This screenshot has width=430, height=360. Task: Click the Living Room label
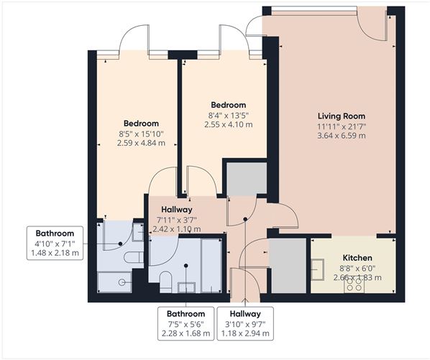pos(342,116)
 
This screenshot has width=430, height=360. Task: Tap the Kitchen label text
pos(356,257)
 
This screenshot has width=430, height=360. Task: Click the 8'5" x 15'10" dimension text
pos(141,133)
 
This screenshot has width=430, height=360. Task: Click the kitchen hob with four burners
pos(354,285)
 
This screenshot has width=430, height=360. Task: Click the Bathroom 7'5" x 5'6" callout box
pos(186,323)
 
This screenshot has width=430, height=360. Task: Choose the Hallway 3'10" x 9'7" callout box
pos(245,323)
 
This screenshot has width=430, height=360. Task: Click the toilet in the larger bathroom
pos(165,281)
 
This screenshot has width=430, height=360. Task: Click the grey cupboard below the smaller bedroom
pos(245,180)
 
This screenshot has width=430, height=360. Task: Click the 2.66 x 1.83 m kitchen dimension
pos(356,277)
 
